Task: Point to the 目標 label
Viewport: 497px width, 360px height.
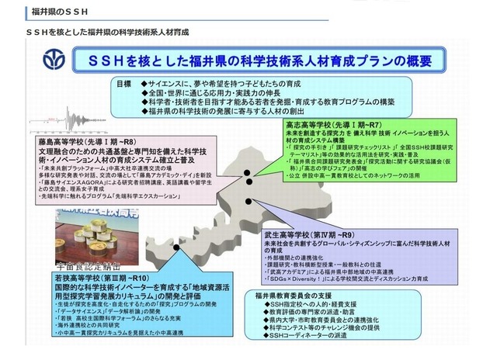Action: tap(127, 82)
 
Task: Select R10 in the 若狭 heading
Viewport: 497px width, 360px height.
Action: tap(135, 276)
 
